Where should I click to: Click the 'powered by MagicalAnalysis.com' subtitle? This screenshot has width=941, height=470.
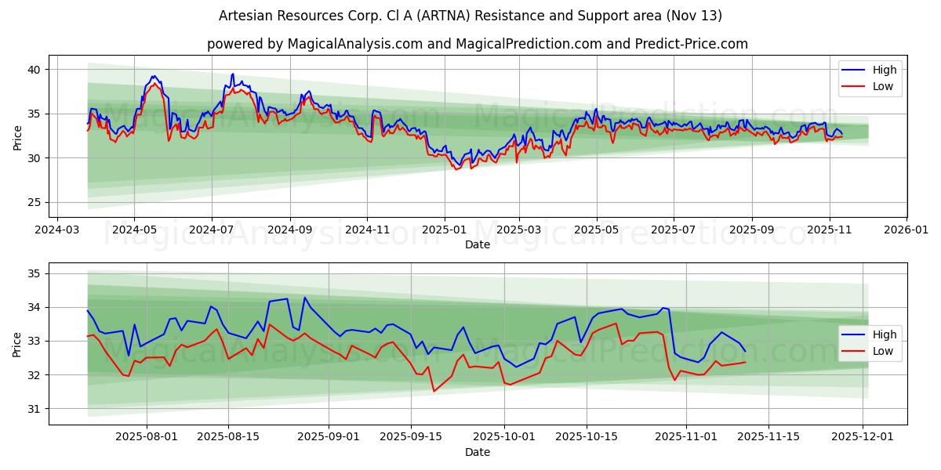(x=477, y=44)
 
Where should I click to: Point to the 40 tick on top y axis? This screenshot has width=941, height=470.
(x=35, y=70)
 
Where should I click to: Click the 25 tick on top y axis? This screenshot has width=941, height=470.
(x=35, y=202)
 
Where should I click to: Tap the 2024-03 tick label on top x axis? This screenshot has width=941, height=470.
(x=56, y=230)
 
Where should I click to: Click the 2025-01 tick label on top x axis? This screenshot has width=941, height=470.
(x=444, y=230)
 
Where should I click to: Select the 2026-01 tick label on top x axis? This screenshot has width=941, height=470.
(x=906, y=230)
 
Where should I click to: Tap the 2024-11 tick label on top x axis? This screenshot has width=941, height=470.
(x=367, y=230)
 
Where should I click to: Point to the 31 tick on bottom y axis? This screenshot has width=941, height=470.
(x=35, y=409)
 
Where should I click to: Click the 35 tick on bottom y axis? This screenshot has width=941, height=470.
(x=35, y=273)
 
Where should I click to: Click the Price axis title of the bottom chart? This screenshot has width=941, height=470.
(x=17, y=343)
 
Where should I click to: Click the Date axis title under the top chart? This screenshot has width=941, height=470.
(x=477, y=244)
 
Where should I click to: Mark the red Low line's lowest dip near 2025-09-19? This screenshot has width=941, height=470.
(x=434, y=391)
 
